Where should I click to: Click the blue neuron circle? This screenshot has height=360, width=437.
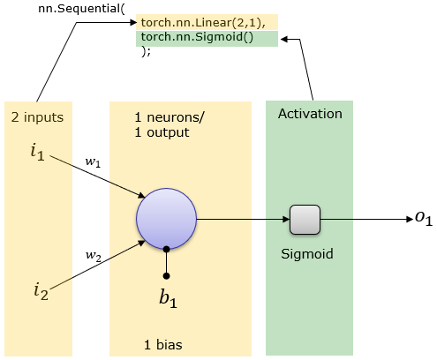tap(166, 219)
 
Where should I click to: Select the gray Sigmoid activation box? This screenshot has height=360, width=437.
tap(305, 220)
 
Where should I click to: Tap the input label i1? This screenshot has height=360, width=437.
tap(38, 153)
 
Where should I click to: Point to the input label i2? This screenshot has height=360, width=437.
tap(41, 291)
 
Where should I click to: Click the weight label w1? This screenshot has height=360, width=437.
tap(93, 162)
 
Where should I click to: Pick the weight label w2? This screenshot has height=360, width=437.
tap(94, 255)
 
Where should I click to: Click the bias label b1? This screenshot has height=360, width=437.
tap(168, 298)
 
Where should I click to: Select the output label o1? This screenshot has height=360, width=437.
tap(424, 218)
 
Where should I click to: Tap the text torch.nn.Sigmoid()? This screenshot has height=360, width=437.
tap(197, 37)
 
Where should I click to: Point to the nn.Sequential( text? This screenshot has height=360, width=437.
tap(81, 9)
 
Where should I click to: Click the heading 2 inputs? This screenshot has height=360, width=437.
tap(37, 117)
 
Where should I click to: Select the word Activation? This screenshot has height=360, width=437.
tap(310, 114)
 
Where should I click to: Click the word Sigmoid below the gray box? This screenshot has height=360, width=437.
tap(307, 254)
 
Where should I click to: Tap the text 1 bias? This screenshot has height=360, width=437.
tap(163, 345)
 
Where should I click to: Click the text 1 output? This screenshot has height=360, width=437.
tap(162, 132)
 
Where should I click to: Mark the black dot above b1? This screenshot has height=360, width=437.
tap(166, 276)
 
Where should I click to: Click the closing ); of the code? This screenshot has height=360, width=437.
tap(146, 52)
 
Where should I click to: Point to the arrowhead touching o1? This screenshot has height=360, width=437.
tap(410, 219)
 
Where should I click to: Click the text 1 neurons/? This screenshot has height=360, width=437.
tap(170, 117)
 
